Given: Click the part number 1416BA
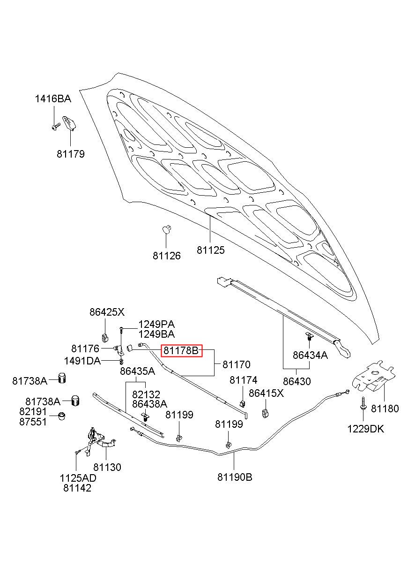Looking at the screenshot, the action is [53, 99].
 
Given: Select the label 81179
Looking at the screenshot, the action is [71, 154].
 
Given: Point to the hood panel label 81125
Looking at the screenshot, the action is [211, 250].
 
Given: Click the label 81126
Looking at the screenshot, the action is [167, 256].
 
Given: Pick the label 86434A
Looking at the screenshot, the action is [310, 355].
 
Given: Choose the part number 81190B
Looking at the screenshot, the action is [235, 477].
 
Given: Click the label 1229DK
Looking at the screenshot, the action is [366, 429].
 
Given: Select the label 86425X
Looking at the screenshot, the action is [107, 312].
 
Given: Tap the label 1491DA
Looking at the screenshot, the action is [82, 361].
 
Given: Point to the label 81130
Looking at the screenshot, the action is [107, 467].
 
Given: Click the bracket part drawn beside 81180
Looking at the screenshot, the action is [373, 378].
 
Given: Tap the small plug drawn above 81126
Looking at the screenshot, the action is [166, 229].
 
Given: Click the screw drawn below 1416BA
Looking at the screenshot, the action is [56, 127].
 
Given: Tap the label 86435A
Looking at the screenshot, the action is [138, 371].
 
